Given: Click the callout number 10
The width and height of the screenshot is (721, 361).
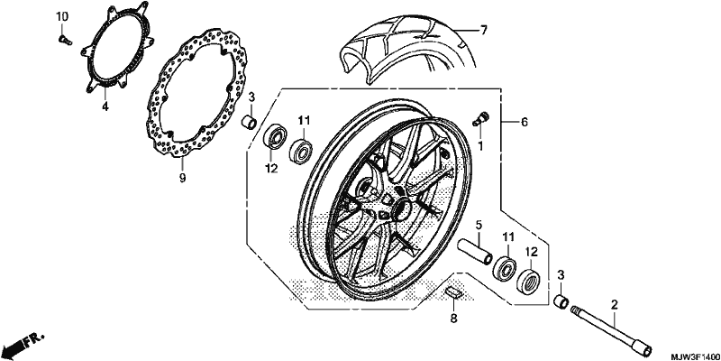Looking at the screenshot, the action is (x=62, y=16).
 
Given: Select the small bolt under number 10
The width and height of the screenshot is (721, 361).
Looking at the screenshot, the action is (x=65, y=41).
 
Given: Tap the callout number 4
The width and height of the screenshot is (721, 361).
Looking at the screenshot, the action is (x=105, y=106).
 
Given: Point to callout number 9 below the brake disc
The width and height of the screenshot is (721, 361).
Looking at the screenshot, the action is (x=182, y=178).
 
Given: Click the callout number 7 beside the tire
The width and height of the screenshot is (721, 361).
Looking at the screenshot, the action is (x=483, y=31).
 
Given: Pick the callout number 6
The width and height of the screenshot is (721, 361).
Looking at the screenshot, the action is (x=525, y=122).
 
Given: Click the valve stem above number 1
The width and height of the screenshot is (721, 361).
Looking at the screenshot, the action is (x=481, y=118).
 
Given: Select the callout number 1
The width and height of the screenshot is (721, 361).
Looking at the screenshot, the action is (x=480, y=146).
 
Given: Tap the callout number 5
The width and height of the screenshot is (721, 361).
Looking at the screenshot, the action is (x=479, y=226).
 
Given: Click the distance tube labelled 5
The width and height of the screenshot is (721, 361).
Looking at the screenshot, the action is (x=475, y=252).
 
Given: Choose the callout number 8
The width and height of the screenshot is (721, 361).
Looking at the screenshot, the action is (x=453, y=318).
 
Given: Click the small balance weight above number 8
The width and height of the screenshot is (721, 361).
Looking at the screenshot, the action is (x=454, y=292).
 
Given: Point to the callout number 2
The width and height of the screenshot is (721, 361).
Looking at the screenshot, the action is (x=614, y=304).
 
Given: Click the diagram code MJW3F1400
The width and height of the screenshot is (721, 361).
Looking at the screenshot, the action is (x=695, y=356).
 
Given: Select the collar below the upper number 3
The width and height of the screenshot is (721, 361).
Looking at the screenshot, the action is (x=251, y=123).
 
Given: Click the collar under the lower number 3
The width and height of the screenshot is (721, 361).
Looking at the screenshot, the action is (x=561, y=303).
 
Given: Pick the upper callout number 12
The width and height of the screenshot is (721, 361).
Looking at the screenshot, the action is (x=272, y=169).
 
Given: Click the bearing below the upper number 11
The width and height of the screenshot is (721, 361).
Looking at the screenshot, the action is (x=301, y=151).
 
